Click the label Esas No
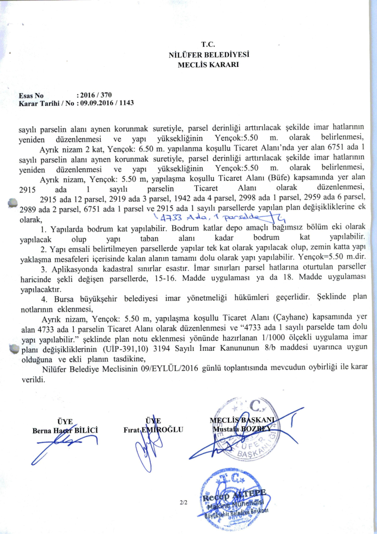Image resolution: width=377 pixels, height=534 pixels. [31, 95]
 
